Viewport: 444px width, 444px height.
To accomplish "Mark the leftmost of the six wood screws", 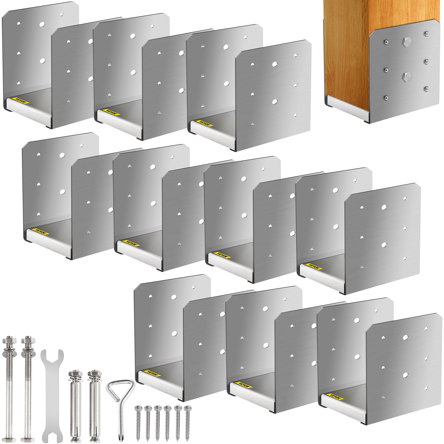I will click(138, 419).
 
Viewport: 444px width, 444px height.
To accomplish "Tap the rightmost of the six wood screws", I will click(188, 419).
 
